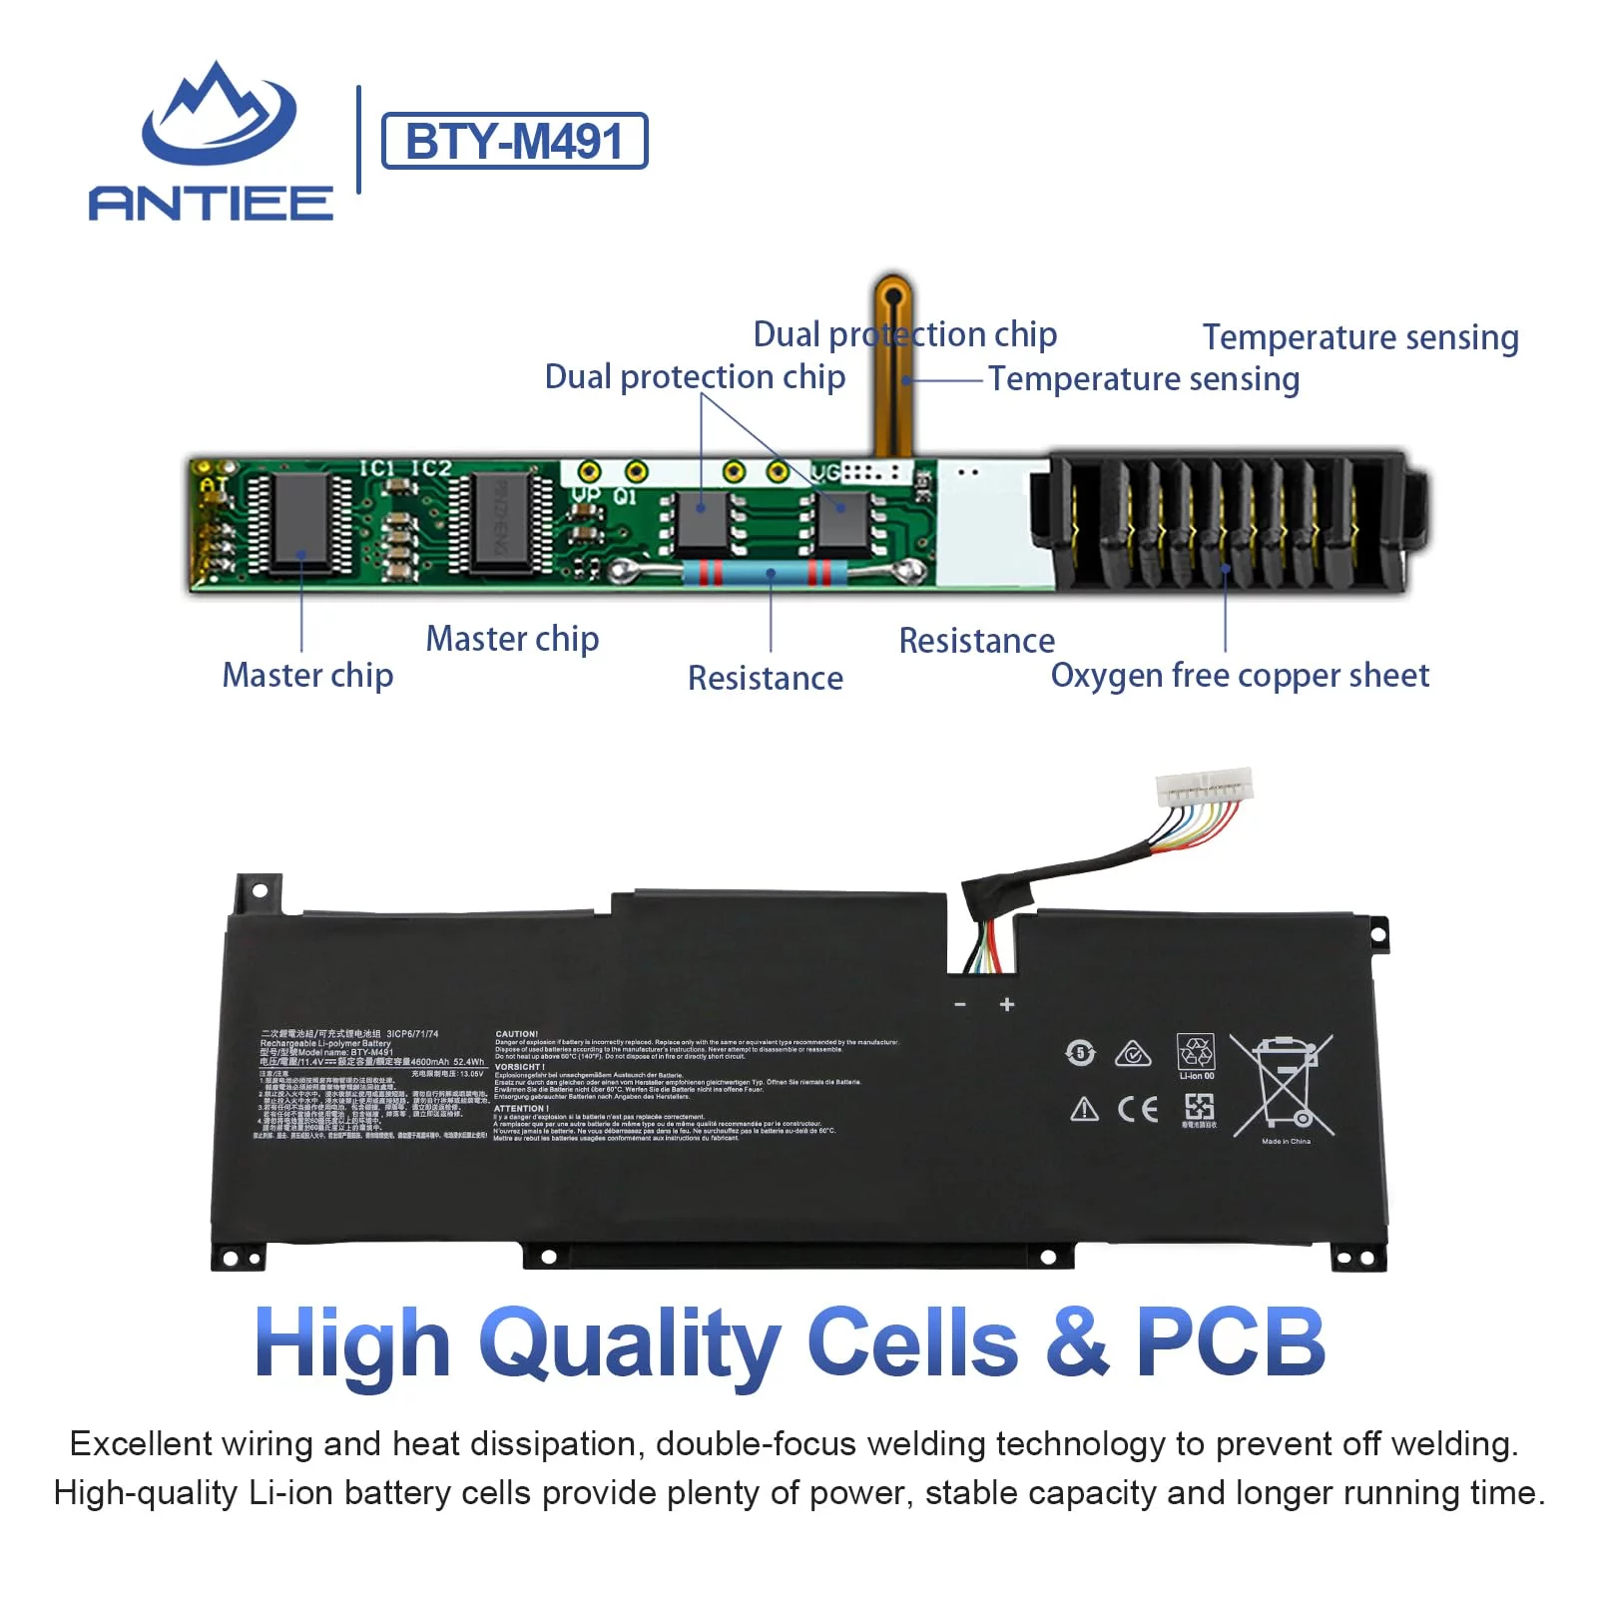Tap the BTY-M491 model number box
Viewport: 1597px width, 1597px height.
[x=514, y=141]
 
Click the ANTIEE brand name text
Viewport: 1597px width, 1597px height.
[x=211, y=203]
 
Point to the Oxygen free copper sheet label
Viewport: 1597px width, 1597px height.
[x=1239, y=676]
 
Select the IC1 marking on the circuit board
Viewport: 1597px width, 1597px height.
[x=377, y=468]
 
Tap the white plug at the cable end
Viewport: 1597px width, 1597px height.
[x=1204, y=788]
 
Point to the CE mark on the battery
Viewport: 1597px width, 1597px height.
[x=1138, y=1109]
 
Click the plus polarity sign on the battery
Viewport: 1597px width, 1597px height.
[x=1007, y=1004]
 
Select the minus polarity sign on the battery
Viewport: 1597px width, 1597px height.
[x=960, y=1004]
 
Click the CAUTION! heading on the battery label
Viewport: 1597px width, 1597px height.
[x=517, y=1034]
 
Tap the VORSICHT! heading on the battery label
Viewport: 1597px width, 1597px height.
[x=520, y=1067]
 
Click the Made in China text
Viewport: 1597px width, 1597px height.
[x=1286, y=1141]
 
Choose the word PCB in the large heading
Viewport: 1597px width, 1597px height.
[x=1230, y=1342]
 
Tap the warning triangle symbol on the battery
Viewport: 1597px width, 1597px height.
[x=1084, y=1110]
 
